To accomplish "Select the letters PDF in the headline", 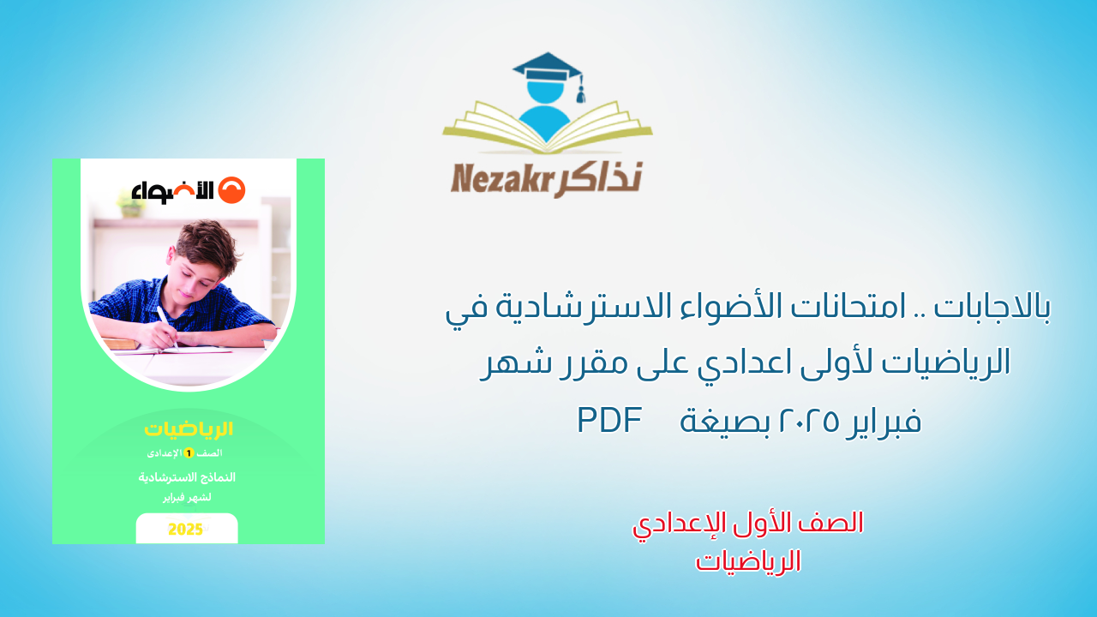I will (610, 420).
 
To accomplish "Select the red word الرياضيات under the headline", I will (748, 561).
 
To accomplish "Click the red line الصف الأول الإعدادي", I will (748, 524).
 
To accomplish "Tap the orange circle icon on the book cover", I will (231, 191).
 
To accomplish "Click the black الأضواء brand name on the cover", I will (171, 191).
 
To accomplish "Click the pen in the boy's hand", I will (166, 326).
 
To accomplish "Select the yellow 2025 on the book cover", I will (185, 529).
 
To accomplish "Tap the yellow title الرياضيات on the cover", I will (189, 429).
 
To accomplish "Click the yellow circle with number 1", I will (189, 452).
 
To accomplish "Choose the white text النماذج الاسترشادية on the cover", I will (188, 477).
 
